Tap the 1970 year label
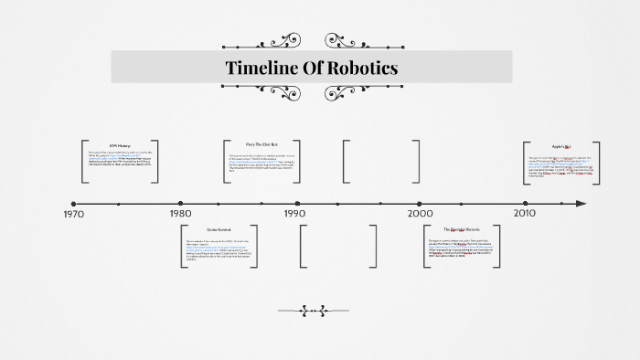click(x=74, y=215)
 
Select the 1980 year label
click(x=180, y=215)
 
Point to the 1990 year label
click(x=294, y=215)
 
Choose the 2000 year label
click(x=420, y=214)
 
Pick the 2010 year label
click(x=525, y=214)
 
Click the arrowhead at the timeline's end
click(x=581, y=203)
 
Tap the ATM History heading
click(x=120, y=145)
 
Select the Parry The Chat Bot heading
click(x=261, y=144)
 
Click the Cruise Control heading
click(x=219, y=229)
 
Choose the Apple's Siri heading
click(x=560, y=145)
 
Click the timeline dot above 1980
click(x=180, y=203)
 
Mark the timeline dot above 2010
click(x=525, y=203)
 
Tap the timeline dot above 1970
click(x=74, y=203)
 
